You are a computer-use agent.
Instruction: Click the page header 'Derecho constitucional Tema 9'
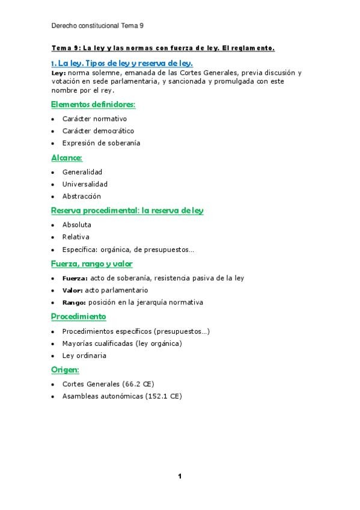pyautogui.click(x=97, y=26)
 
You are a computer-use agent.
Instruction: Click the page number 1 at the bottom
pyautogui.click(x=179, y=476)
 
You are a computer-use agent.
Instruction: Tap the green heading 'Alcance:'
pyautogui.click(x=66, y=158)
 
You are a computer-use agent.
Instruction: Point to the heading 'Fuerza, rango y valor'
pyautogui.click(x=92, y=263)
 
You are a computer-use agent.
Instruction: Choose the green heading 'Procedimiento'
pyautogui.click(x=79, y=316)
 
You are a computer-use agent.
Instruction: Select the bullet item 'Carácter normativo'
pyautogui.click(x=94, y=119)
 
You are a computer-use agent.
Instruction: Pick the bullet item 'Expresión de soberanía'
pyautogui.click(x=101, y=143)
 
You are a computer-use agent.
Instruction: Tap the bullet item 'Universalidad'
pyautogui.click(x=85, y=184)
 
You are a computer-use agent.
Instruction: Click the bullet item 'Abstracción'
pyautogui.click(x=82, y=196)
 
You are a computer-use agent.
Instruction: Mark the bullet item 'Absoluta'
pyautogui.click(x=77, y=225)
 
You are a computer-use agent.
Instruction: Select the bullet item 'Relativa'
pyautogui.click(x=76, y=237)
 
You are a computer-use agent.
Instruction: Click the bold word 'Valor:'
pyautogui.click(x=73, y=290)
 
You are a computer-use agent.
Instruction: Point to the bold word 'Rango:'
pyautogui.click(x=75, y=302)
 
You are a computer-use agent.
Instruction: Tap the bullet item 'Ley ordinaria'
pyautogui.click(x=84, y=355)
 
